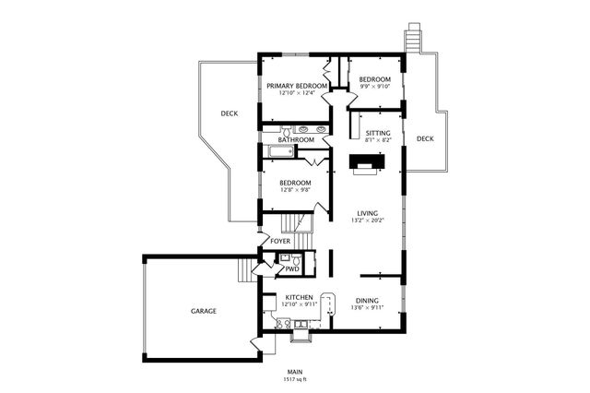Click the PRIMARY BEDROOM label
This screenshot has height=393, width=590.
(x=298, y=85)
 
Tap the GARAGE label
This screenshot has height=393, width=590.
(x=204, y=311)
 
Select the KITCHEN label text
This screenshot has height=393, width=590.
(x=298, y=297)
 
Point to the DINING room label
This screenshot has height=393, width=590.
(x=367, y=299)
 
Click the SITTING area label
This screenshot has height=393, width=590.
(x=378, y=133)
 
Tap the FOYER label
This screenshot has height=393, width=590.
(x=280, y=241)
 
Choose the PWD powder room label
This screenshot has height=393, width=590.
(x=291, y=268)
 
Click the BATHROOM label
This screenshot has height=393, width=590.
(x=296, y=140)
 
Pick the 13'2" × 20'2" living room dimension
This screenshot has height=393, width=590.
(x=367, y=220)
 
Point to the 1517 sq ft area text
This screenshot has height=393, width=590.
(x=294, y=378)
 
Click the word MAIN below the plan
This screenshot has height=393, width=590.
(x=294, y=371)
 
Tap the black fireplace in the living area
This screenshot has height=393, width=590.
(x=366, y=163)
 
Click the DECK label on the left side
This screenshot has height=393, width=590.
(x=230, y=113)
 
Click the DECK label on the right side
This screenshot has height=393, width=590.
(x=424, y=138)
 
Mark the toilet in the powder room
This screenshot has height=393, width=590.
(x=285, y=259)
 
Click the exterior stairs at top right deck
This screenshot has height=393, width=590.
(x=414, y=39)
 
